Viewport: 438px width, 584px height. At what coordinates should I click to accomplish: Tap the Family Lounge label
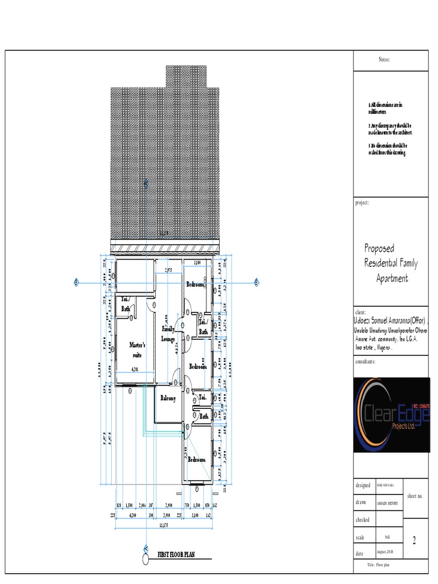[168, 334]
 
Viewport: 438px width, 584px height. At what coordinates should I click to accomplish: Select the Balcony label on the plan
[168, 398]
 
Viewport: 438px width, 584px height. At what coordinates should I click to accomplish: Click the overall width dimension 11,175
[164, 525]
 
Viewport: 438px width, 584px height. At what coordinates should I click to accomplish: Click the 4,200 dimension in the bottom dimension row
[135, 515]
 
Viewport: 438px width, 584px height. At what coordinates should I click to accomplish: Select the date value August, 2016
[387, 553]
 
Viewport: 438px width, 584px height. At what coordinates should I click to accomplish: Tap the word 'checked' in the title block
[363, 520]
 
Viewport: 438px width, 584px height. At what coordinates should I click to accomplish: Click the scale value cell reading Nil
[387, 537]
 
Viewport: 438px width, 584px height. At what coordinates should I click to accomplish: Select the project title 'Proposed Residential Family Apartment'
[391, 263]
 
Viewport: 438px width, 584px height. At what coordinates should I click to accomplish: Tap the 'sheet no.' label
[414, 497]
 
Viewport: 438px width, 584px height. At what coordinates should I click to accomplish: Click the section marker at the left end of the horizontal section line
[76, 282]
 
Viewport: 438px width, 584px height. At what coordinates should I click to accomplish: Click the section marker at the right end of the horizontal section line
[257, 282]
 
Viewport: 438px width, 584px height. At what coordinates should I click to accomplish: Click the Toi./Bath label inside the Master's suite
[124, 303]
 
